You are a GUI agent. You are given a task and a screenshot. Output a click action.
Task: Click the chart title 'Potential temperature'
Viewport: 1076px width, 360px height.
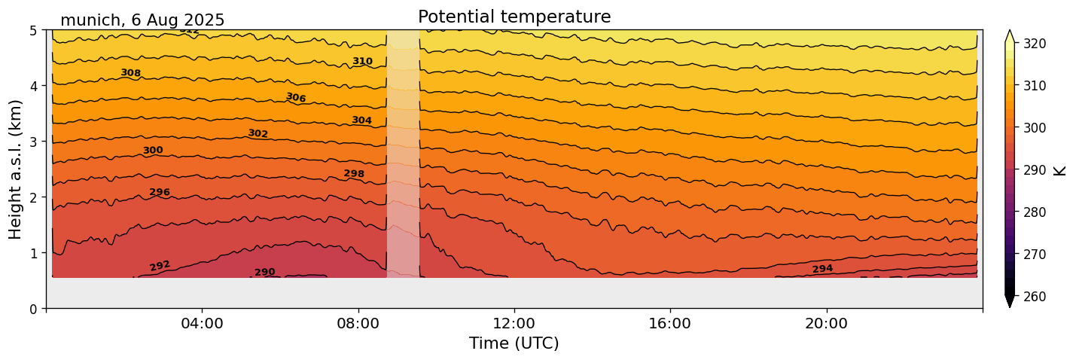[x=514, y=17]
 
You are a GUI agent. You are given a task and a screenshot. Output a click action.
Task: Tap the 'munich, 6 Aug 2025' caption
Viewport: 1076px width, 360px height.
[x=142, y=20]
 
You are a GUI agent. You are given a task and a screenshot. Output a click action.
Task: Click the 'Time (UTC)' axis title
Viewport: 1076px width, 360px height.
[x=514, y=343]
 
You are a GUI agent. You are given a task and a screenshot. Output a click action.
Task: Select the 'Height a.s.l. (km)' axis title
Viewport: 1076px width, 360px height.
[x=16, y=169]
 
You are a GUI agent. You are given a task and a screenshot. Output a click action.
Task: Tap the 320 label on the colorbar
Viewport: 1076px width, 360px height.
[x=1035, y=44]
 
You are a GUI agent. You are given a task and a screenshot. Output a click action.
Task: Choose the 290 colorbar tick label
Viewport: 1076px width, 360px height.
[x=1035, y=170]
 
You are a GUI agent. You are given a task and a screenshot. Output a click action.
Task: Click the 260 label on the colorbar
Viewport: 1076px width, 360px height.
[x=1035, y=297]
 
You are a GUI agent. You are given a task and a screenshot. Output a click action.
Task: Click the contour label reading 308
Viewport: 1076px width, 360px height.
[x=131, y=73]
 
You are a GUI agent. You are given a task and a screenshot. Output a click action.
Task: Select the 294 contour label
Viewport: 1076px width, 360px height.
[x=822, y=269]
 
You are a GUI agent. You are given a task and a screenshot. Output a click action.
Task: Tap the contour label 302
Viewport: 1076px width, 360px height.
[x=258, y=133]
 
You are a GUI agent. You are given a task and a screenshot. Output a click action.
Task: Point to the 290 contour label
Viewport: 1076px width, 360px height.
[x=264, y=272]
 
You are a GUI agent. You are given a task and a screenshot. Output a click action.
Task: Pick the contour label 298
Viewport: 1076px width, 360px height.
[x=354, y=174]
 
